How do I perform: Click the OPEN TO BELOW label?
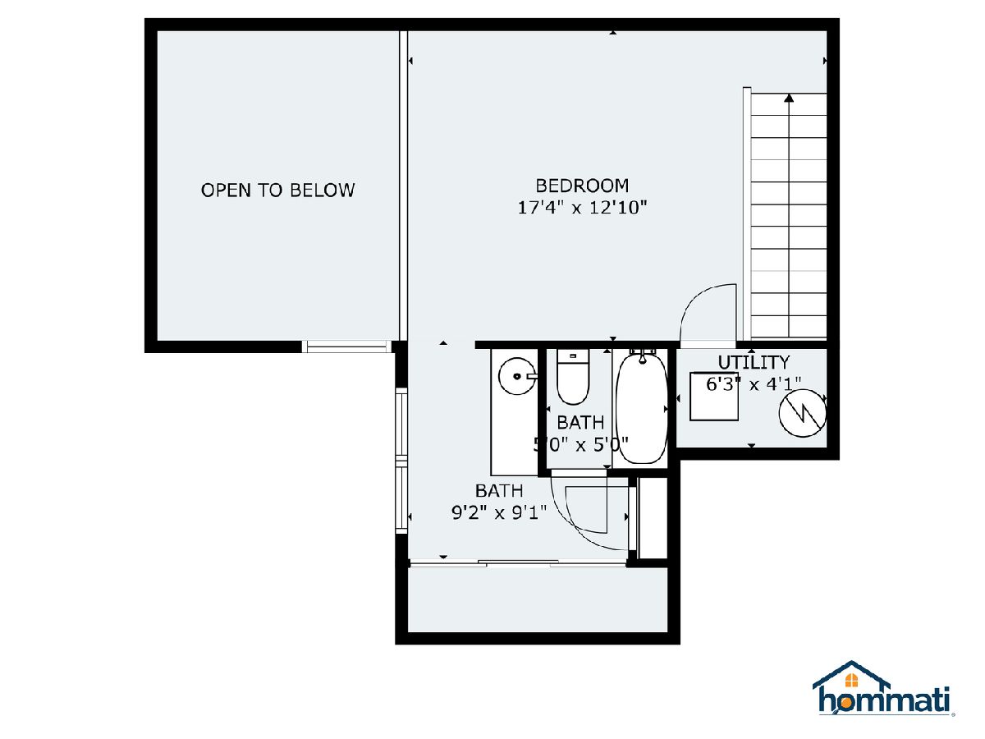277,190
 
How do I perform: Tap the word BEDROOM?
582,186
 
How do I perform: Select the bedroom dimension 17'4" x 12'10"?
582,208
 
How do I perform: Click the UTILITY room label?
754,362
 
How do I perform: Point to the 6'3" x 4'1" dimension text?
754,384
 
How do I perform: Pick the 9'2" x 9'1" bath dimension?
499,512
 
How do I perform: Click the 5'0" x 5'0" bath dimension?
580,445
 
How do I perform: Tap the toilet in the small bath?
573,377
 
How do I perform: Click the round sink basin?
517,376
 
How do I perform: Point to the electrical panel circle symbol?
802,413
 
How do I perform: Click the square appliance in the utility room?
714,397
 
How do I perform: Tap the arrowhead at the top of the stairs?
789,98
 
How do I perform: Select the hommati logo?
882,689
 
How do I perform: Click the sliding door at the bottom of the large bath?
518,563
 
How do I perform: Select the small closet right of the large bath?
653,519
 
